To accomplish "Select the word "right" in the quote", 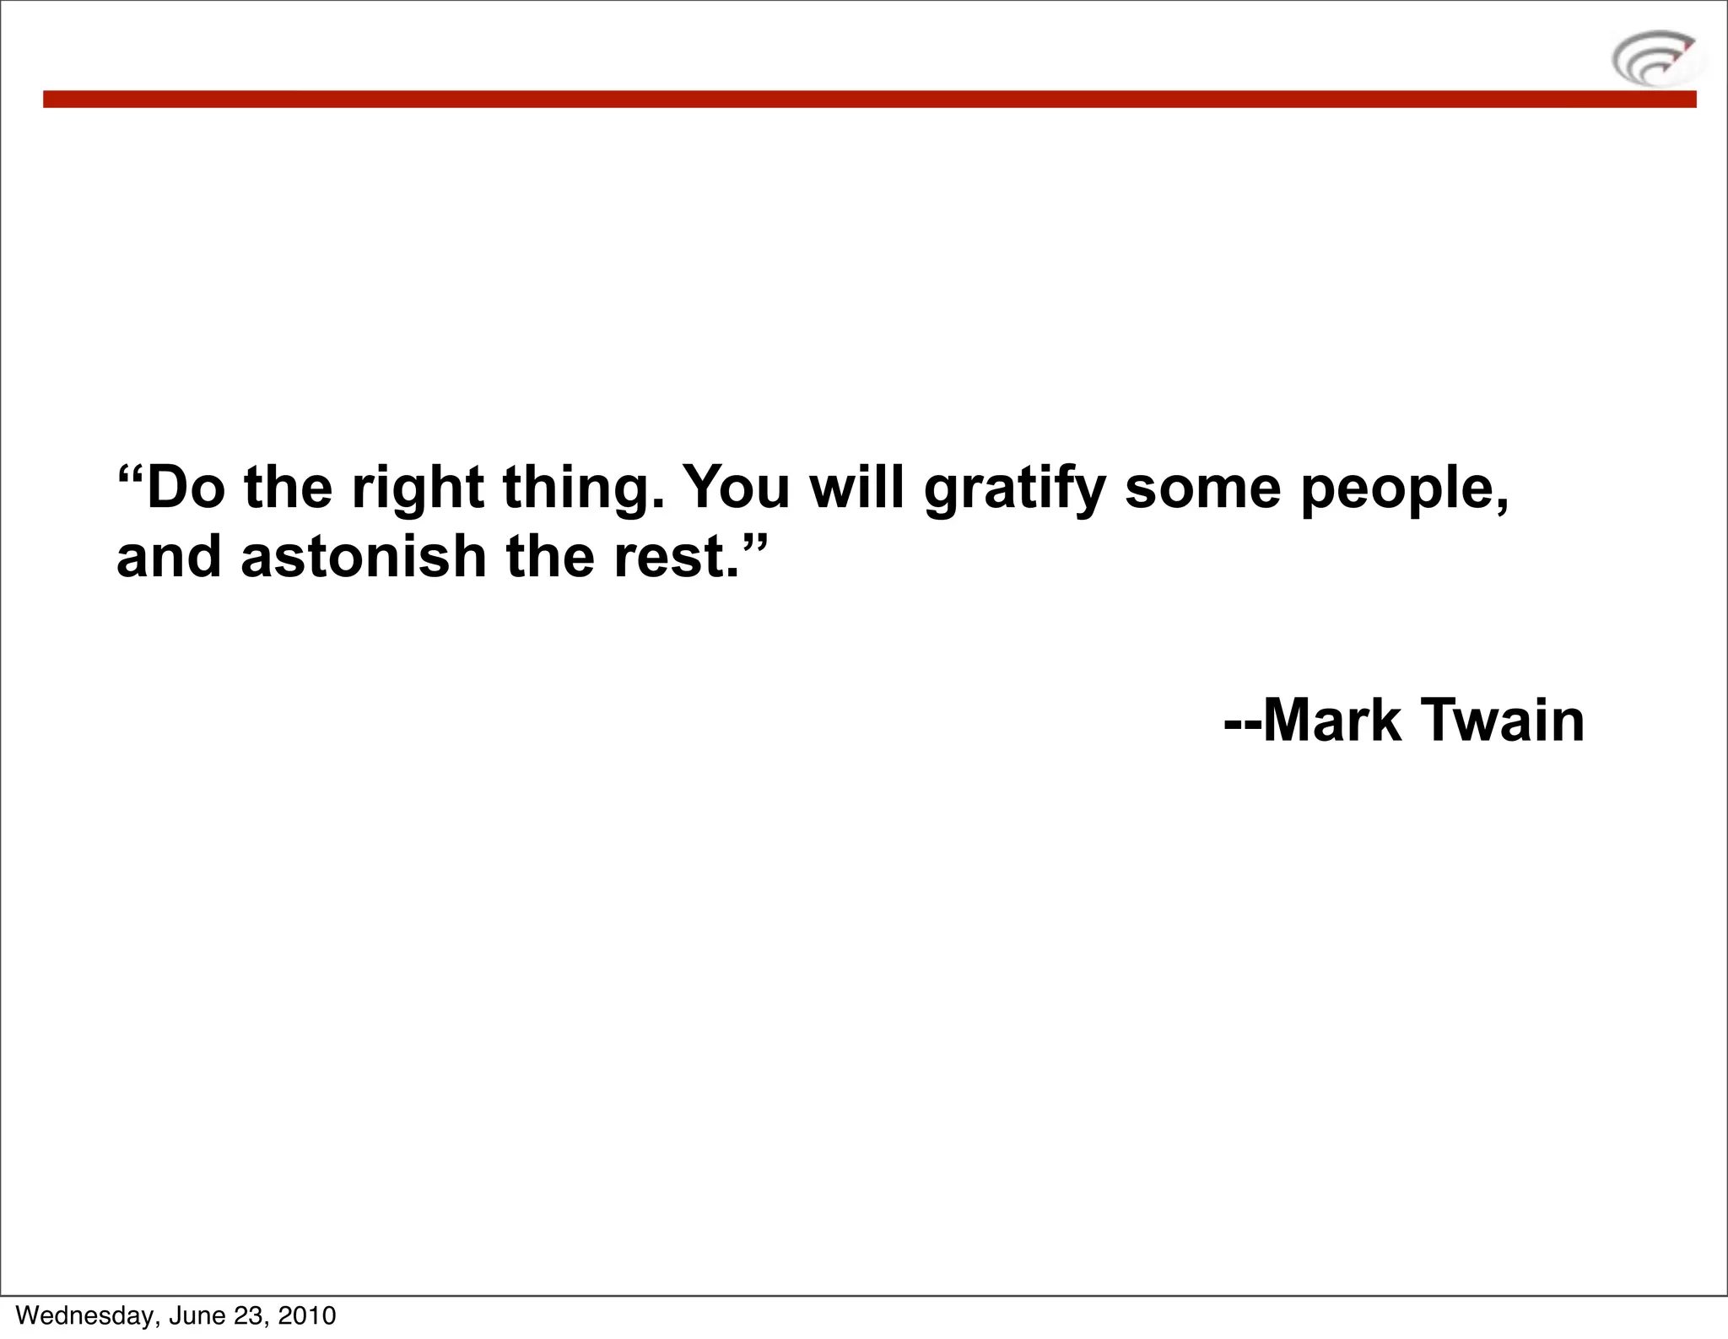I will point(418,489).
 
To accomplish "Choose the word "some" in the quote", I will point(1203,489).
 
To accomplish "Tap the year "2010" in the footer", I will point(306,1315).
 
